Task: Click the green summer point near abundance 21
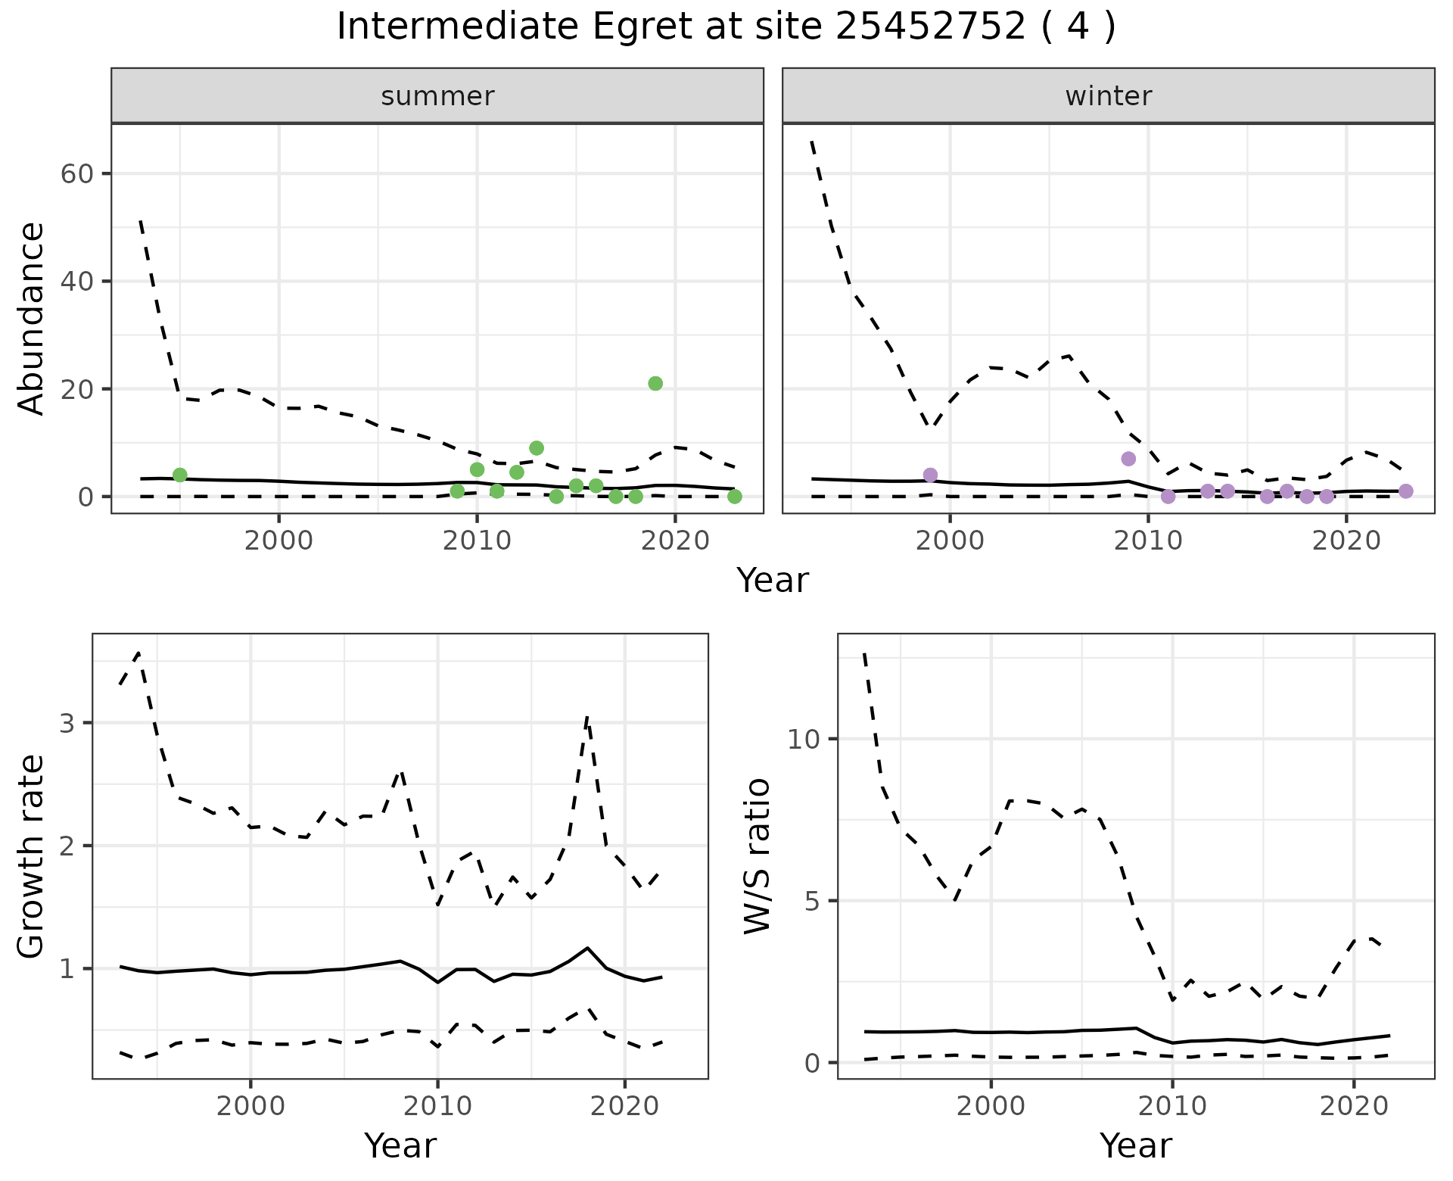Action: click(x=655, y=384)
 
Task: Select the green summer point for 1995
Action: click(x=180, y=475)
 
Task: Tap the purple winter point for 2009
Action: click(x=1128, y=459)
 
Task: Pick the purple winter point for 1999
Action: click(x=930, y=475)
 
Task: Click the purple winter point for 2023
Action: click(x=1405, y=491)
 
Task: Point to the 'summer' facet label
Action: click(x=437, y=96)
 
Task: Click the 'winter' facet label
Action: click(x=1108, y=96)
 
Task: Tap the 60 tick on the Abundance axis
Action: click(x=76, y=174)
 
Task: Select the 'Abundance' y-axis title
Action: click(x=32, y=318)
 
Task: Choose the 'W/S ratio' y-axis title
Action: click(x=758, y=856)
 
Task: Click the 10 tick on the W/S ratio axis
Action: click(x=804, y=740)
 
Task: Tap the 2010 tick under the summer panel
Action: click(x=477, y=542)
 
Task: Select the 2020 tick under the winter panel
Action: click(x=1346, y=542)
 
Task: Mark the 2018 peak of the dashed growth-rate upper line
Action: click(x=587, y=716)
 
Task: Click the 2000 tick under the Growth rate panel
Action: click(x=250, y=1106)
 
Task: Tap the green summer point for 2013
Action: click(x=537, y=448)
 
